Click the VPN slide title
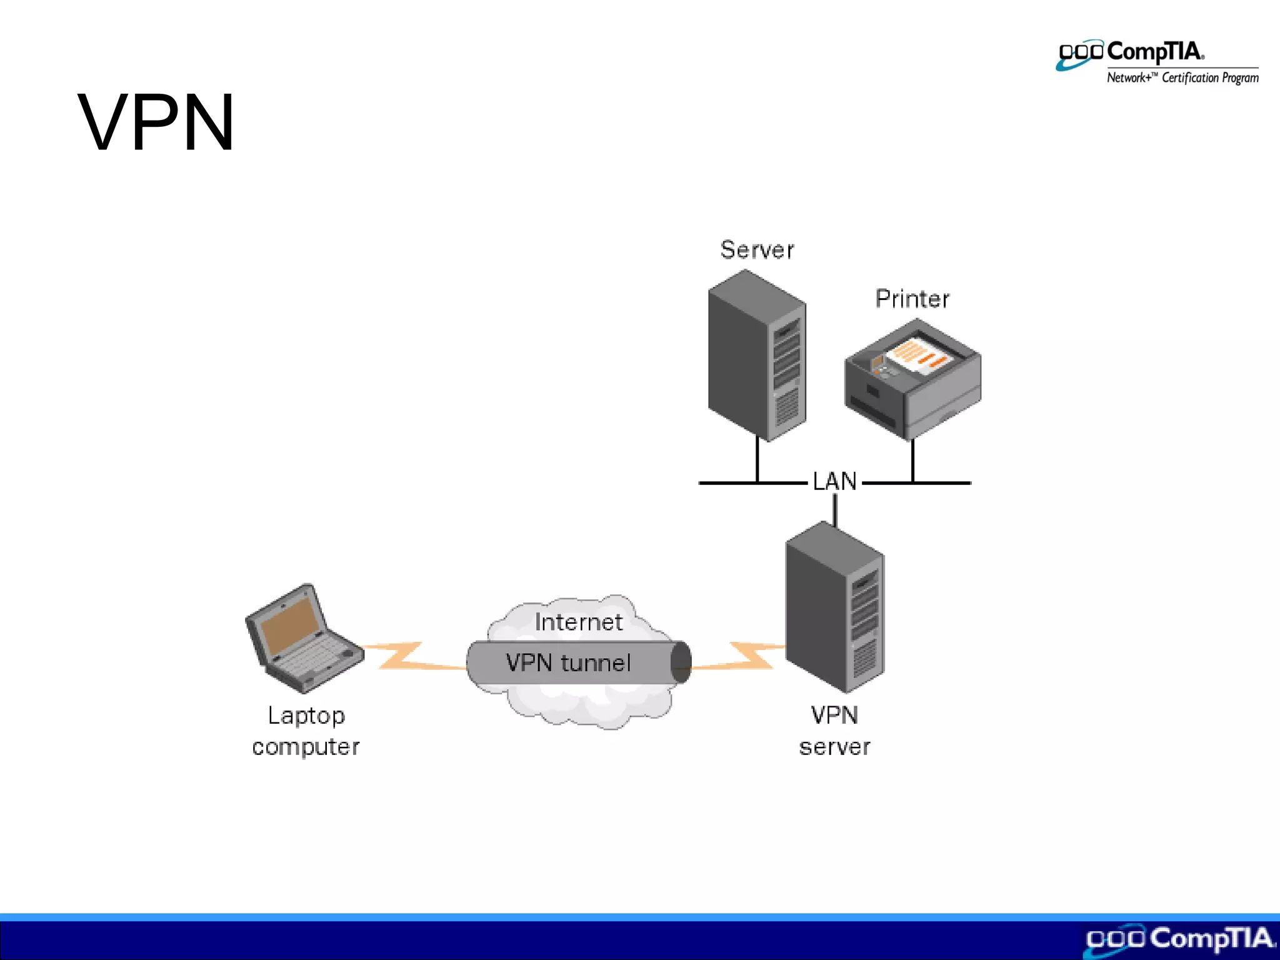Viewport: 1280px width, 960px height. (x=156, y=122)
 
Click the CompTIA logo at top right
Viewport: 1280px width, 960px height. (x=1131, y=53)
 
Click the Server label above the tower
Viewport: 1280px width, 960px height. (x=757, y=250)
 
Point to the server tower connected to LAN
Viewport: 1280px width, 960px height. (x=756, y=356)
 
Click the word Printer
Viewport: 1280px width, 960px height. (x=912, y=299)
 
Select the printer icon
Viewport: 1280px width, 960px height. (x=912, y=381)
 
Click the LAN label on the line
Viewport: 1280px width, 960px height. (x=834, y=481)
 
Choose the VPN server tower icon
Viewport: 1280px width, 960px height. (x=834, y=606)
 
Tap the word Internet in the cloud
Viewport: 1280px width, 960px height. (x=579, y=622)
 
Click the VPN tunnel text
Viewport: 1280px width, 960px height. (x=568, y=662)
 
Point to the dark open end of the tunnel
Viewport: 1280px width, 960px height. (x=682, y=662)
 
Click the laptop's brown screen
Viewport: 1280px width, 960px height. (x=287, y=625)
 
